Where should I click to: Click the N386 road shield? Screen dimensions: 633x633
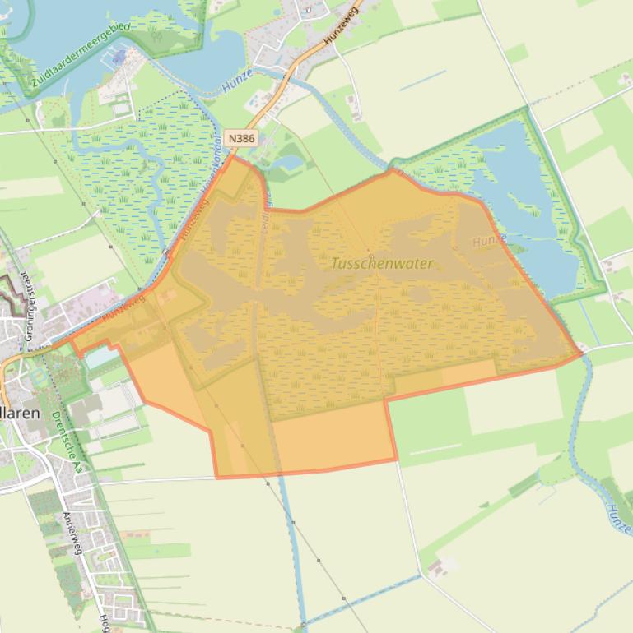241,138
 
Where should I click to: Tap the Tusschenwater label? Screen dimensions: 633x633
382,263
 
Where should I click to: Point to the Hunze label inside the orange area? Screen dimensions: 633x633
489,241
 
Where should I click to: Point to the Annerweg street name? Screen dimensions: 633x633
73,534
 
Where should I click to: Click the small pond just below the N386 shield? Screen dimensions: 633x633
291,162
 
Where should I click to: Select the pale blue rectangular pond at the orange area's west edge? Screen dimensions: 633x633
101,358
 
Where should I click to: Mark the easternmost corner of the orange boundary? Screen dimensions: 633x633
582,354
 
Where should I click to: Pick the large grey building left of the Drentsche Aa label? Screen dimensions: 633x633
83,411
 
